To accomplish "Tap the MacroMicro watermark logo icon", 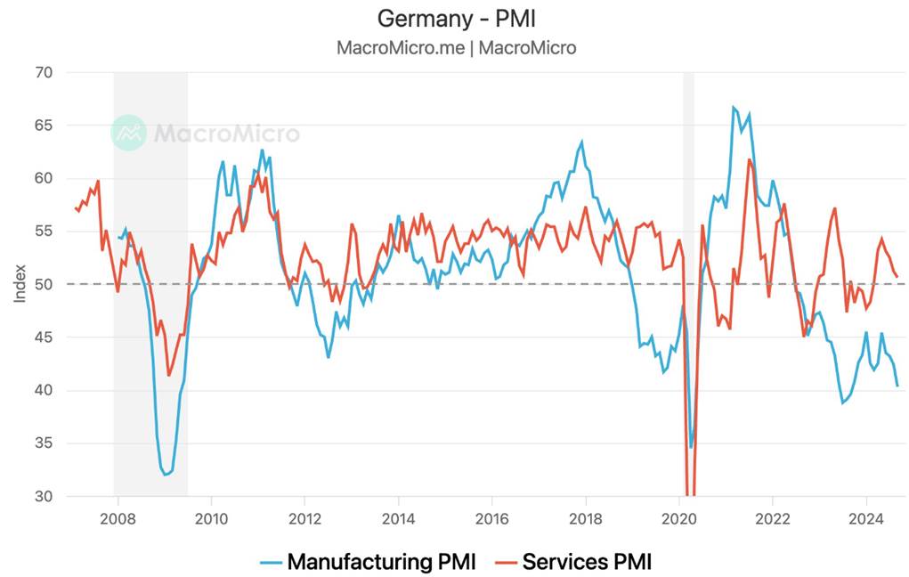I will [x=129, y=133].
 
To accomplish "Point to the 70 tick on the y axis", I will [x=42, y=73].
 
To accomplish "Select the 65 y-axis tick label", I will [x=42, y=126].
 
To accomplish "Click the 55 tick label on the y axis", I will [x=42, y=232].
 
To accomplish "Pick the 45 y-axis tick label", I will [x=42, y=337].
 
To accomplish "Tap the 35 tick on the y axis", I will [x=42, y=443].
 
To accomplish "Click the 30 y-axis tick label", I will [x=42, y=496].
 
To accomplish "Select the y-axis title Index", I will [x=20, y=282].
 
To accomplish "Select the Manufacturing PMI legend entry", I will [x=369, y=562].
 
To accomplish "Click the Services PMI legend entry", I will [x=575, y=562].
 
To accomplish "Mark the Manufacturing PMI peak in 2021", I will [x=734, y=108].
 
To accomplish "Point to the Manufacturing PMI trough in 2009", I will [x=165, y=475].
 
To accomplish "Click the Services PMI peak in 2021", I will [x=750, y=160].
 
